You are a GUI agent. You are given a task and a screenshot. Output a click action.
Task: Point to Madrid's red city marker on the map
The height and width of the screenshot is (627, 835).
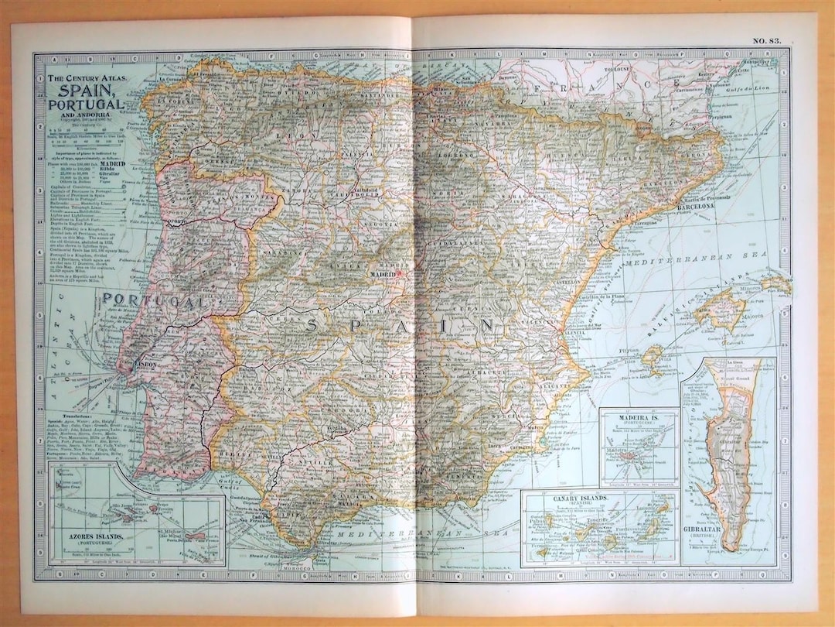pos(401,272)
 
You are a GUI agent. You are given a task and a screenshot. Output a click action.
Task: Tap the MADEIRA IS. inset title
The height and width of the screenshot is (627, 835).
pos(639,419)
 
